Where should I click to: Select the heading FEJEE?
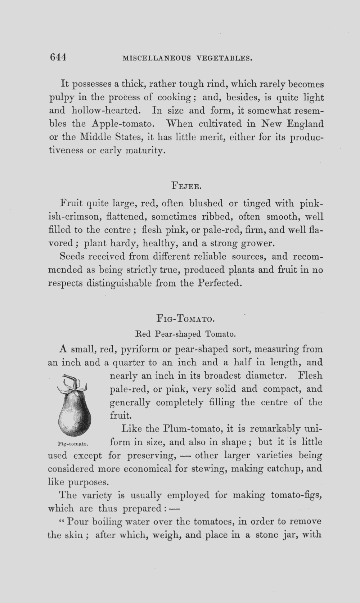[186, 186]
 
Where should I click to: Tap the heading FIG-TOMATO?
[186, 319]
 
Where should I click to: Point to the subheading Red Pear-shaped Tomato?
[185, 334]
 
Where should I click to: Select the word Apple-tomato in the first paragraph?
[123, 124]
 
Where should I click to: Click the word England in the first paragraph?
[305, 124]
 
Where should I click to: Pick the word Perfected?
[219, 283]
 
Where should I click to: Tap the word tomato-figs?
[295, 495]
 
